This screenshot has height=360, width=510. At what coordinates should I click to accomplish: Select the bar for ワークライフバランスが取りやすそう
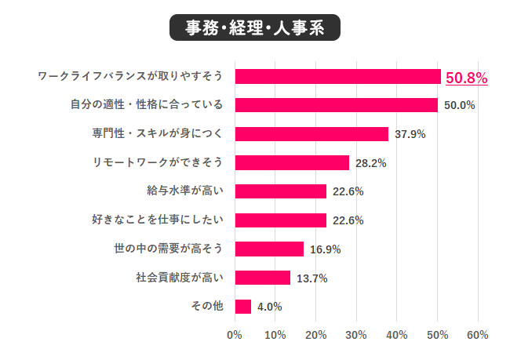tap(337, 77)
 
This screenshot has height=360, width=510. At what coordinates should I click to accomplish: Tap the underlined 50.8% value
tap(467, 78)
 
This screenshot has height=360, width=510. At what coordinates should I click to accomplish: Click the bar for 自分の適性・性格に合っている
tap(336, 105)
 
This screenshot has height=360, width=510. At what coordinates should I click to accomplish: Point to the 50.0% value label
tap(460, 105)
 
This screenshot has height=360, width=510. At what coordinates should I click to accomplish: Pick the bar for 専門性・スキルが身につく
tap(311, 134)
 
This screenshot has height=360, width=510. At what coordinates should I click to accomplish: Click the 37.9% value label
tap(410, 134)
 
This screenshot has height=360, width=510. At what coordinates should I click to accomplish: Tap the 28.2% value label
tap(371, 163)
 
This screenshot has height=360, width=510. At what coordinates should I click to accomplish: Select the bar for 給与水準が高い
tap(280, 191)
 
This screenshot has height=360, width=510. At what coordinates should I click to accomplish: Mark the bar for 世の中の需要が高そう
tap(269, 249)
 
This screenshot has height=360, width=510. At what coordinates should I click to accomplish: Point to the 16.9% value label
tap(325, 249)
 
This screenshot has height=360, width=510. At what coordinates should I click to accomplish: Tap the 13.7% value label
tap(311, 278)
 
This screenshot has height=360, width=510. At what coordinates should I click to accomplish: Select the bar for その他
tap(242, 306)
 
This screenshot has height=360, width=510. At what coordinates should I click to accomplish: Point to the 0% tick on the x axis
tap(234, 335)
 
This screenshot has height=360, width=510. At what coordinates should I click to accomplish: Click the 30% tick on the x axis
tap(356, 335)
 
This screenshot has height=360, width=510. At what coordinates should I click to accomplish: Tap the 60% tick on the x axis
tap(477, 335)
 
